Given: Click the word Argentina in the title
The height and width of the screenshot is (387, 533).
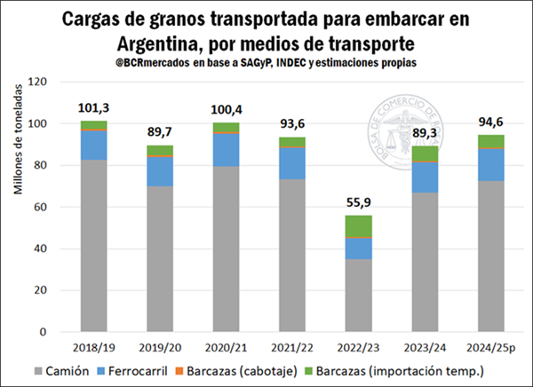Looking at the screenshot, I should (x=150, y=42).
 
